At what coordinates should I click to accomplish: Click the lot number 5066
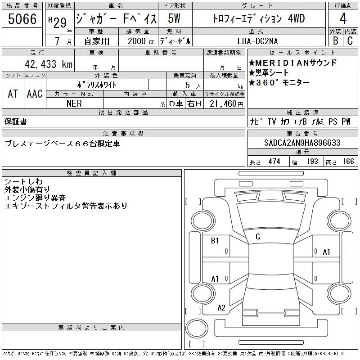click(22, 19)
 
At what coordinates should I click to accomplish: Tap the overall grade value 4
click(343, 18)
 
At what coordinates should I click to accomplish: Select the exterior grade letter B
click(335, 40)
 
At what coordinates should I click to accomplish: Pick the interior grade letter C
click(350, 40)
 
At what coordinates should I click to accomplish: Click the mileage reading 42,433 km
click(49, 64)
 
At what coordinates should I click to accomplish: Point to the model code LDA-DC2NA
click(257, 41)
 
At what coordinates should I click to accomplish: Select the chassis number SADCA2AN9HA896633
click(302, 143)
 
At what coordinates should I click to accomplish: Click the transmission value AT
click(13, 94)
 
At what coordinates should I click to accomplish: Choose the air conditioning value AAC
click(35, 94)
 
